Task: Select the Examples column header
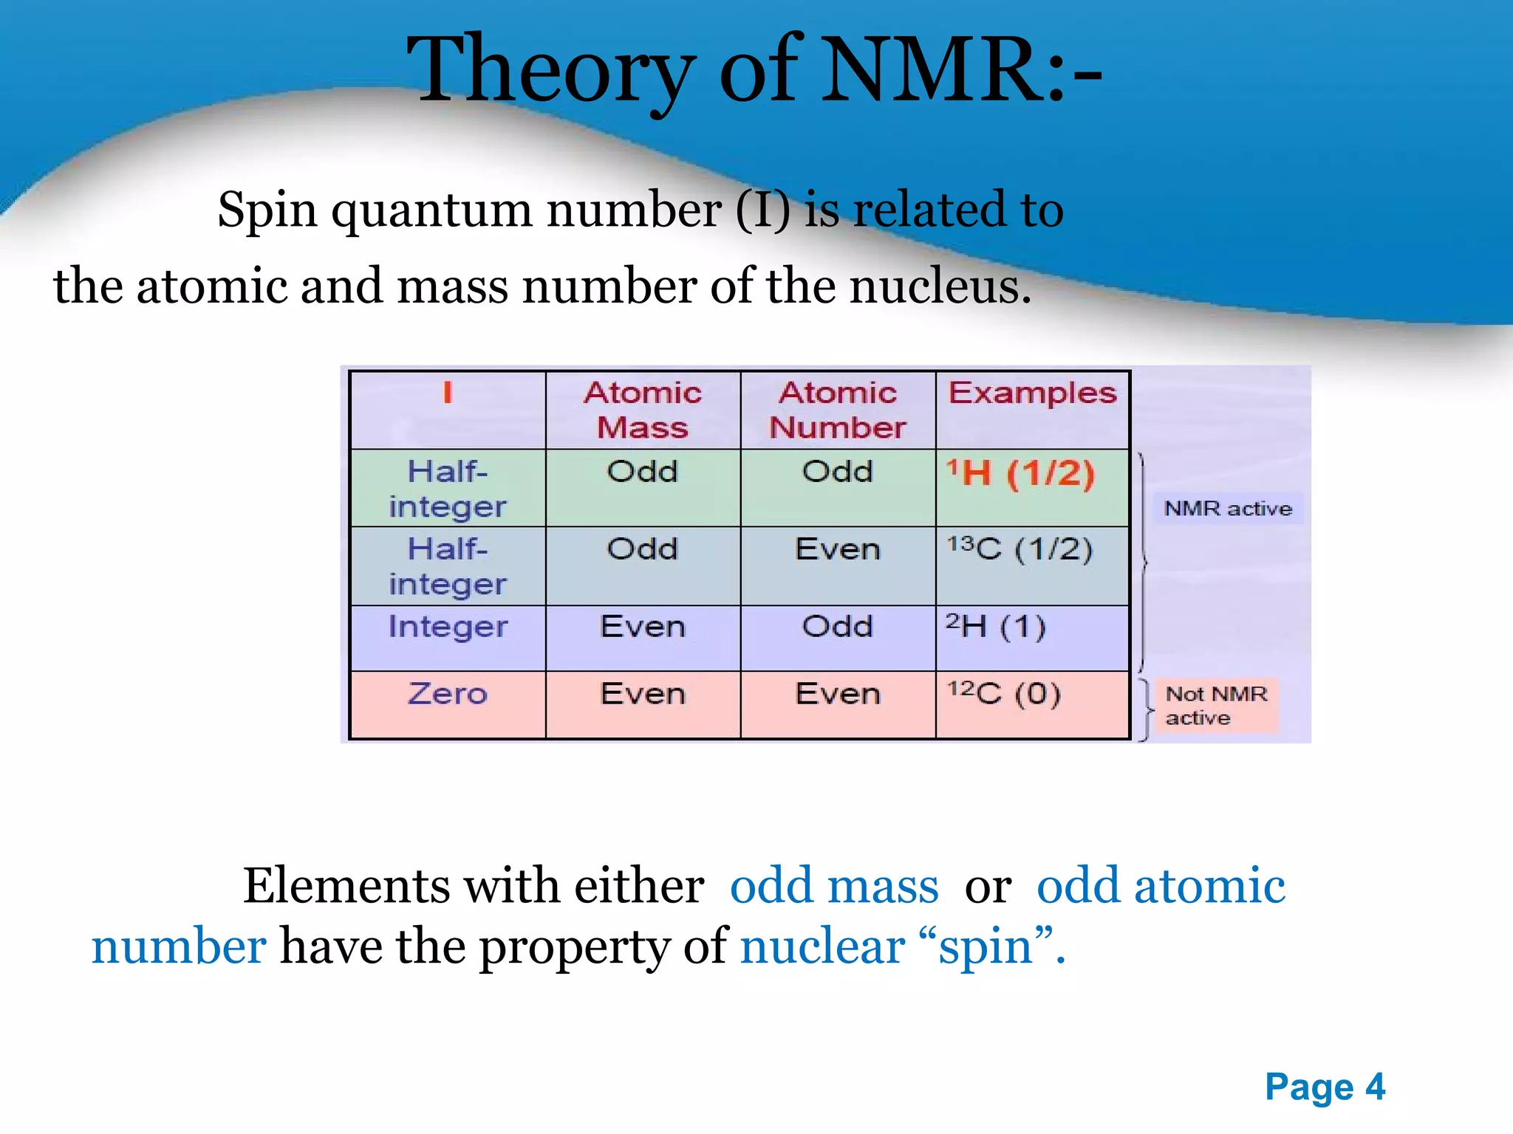(x=1032, y=393)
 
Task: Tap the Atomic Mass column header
(x=643, y=410)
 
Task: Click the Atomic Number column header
(x=838, y=410)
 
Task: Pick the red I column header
(x=447, y=393)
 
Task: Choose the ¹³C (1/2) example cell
(x=1020, y=549)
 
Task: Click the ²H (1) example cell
(x=996, y=627)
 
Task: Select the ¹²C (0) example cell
(x=1004, y=693)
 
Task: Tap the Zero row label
(x=448, y=694)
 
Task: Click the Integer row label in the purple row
(x=448, y=627)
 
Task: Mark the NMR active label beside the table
(x=1228, y=509)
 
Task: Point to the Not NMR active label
(x=1215, y=706)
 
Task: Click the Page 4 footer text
(x=1325, y=1087)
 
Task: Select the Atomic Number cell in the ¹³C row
(x=838, y=549)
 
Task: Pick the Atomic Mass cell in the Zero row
(x=643, y=694)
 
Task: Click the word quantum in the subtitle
(x=431, y=210)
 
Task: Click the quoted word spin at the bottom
(x=986, y=947)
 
